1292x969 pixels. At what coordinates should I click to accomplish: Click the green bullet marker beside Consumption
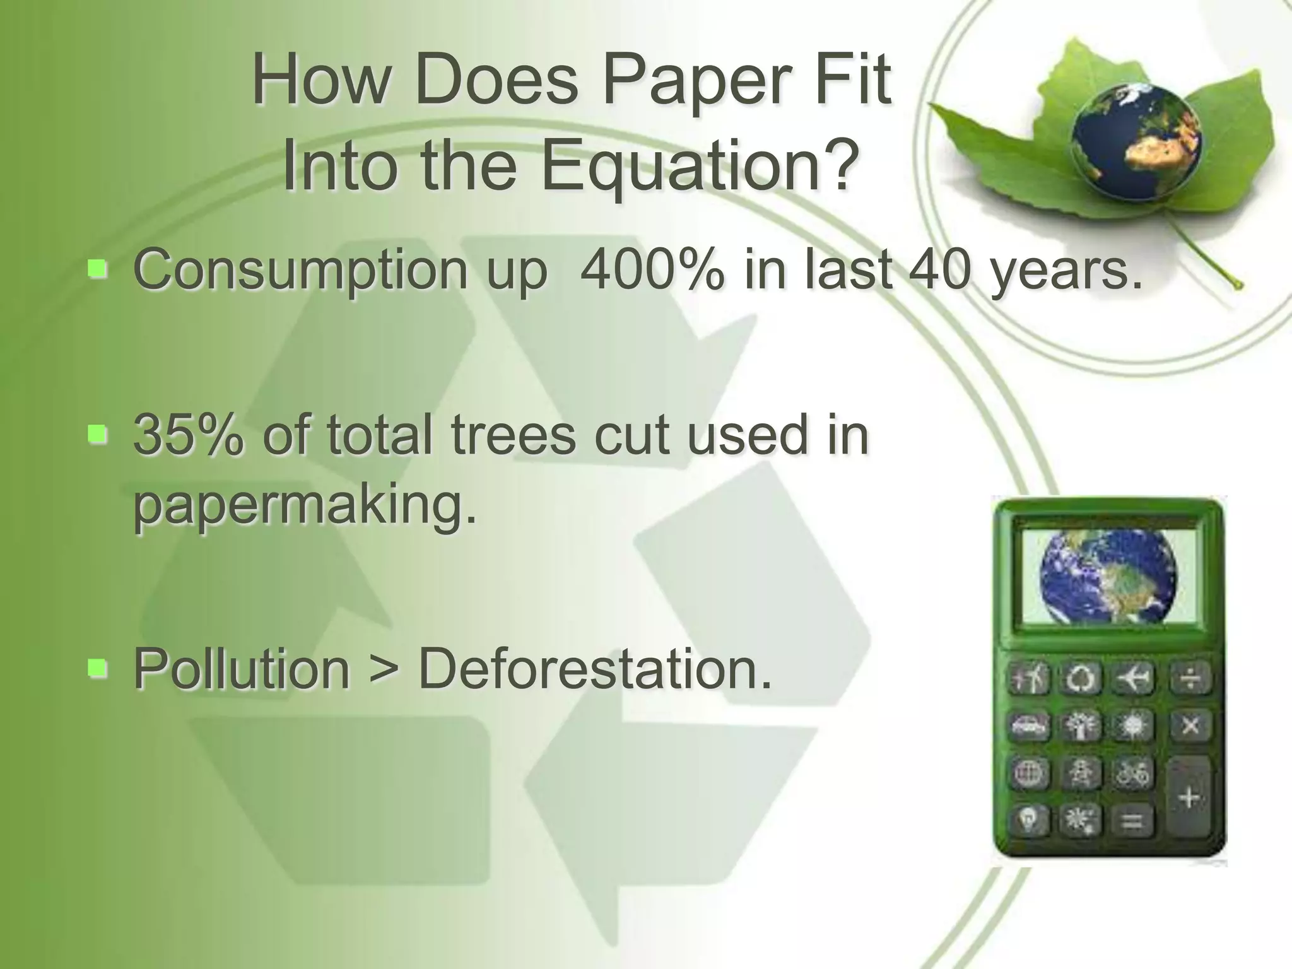coord(98,270)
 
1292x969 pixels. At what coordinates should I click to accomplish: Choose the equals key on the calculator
coord(1132,821)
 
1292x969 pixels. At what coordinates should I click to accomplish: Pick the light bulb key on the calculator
coord(1029,821)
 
